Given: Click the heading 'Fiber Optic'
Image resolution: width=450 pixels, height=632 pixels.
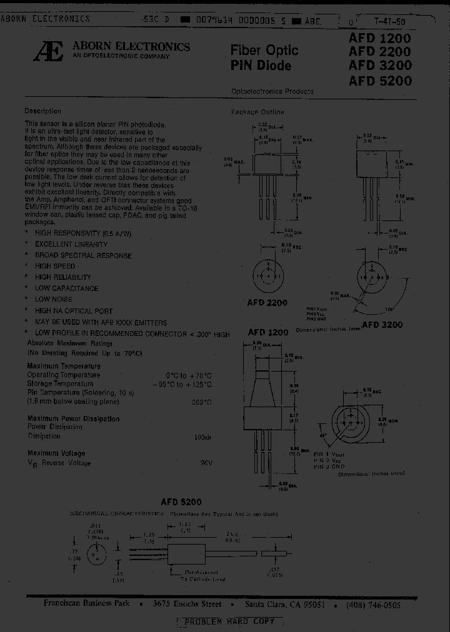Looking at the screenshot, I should [x=264, y=50].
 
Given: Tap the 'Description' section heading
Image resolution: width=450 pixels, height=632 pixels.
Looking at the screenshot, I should [x=43, y=111].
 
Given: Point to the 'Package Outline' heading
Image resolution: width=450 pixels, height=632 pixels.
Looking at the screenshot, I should [x=257, y=112].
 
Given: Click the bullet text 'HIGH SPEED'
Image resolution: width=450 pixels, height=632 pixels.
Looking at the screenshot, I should [x=55, y=266].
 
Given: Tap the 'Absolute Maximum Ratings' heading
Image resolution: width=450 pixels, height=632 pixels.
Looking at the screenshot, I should [x=69, y=343].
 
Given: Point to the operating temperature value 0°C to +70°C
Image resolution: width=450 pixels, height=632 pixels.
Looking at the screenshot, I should [x=186, y=375].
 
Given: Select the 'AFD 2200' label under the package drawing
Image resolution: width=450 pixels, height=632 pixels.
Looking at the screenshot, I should [x=267, y=303].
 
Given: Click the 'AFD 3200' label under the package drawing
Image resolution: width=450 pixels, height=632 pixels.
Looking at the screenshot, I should [x=382, y=324].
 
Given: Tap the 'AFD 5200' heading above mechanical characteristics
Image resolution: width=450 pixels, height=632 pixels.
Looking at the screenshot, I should [x=181, y=501].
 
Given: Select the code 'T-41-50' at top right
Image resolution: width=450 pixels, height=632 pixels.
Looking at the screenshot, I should [x=389, y=20].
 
